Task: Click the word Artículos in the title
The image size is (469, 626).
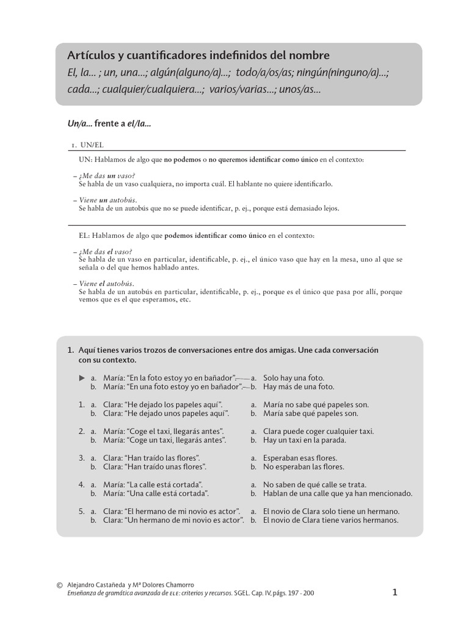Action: click(91, 55)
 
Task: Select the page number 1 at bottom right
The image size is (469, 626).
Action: click(395, 592)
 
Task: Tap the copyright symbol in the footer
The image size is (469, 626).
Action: click(59, 585)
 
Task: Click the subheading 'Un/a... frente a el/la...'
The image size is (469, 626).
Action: click(109, 123)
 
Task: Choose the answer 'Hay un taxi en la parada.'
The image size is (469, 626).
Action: click(304, 440)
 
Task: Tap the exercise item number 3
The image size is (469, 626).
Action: click(81, 458)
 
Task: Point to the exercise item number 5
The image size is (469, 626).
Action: click(81, 511)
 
